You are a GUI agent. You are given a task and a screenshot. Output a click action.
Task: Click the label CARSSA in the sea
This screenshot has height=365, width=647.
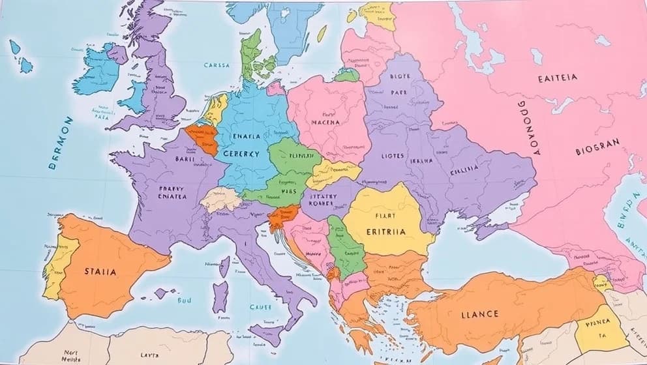[217, 65]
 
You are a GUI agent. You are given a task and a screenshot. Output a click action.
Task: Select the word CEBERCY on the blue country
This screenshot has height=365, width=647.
[241, 154]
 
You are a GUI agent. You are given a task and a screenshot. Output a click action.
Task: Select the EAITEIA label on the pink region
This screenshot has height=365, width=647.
[557, 78]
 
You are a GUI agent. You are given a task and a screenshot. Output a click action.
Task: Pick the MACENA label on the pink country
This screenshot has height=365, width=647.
[325, 121]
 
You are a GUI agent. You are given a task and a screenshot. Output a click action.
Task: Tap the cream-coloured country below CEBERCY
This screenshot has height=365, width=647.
[220, 199]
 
